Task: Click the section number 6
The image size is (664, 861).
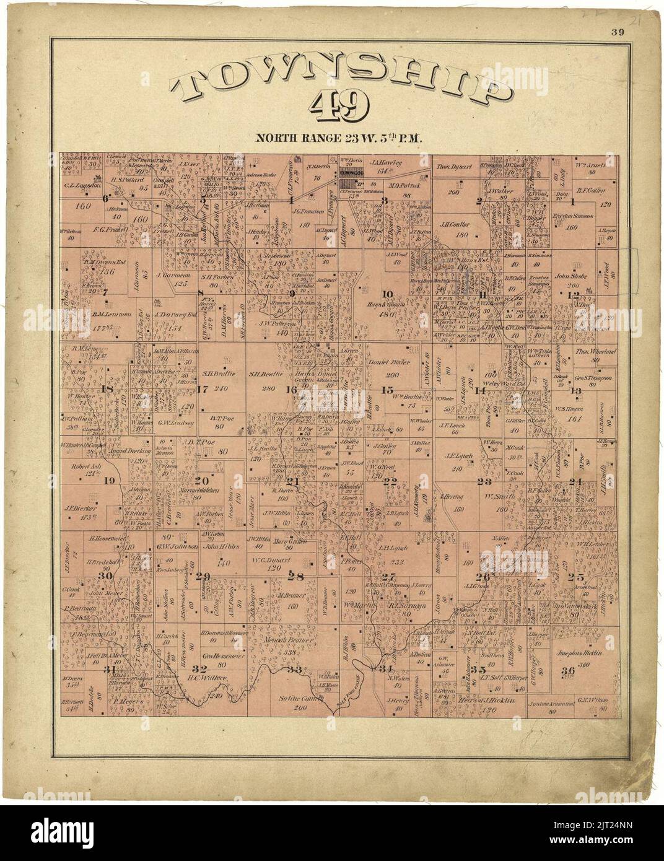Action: (105, 199)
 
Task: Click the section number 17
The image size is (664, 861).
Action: (203, 389)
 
